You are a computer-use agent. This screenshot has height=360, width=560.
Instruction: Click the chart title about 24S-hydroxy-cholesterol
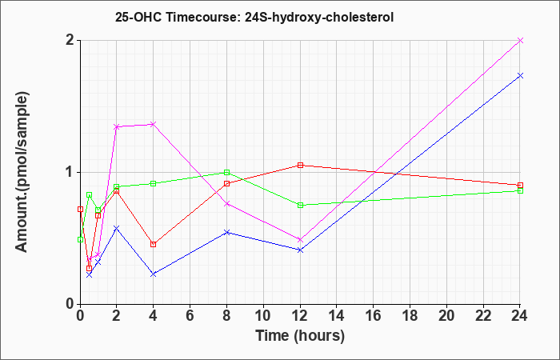click(x=254, y=17)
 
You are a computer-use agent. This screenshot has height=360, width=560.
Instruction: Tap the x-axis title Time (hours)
click(x=300, y=336)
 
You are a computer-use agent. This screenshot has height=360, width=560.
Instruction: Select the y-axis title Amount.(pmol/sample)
click(x=22, y=172)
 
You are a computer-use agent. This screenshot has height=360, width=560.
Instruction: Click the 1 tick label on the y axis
click(x=70, y=173)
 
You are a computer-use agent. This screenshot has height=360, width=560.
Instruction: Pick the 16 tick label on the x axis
click(x=374, y=316)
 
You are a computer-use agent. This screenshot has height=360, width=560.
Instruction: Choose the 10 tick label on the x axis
click(x=263, y=316)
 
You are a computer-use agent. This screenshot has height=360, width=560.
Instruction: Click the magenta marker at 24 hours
click(x=520, y=40)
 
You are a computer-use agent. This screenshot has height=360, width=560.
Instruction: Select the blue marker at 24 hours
click(x=520, y=76)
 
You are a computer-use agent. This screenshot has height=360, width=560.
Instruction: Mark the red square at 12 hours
click(x=300, y=166)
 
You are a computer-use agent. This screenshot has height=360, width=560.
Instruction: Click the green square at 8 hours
click(x=226, y=173)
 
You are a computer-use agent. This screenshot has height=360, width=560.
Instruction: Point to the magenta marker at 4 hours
click(x=154, y=124)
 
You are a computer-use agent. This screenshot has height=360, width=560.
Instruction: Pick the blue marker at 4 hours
click(x=154, y=274)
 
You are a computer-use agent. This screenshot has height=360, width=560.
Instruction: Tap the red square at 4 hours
click(x=154, y=244)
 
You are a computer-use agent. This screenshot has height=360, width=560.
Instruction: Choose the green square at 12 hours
click(x=300, y=206)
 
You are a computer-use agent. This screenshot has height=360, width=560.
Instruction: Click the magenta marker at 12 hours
click(x=300, y=240)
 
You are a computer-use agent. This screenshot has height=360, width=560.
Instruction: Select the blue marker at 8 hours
click(x=226, y=233)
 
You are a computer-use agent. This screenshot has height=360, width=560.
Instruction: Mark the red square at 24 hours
click(x=520, y=186)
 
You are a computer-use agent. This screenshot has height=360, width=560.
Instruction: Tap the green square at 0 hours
click(x=80, y=240)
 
